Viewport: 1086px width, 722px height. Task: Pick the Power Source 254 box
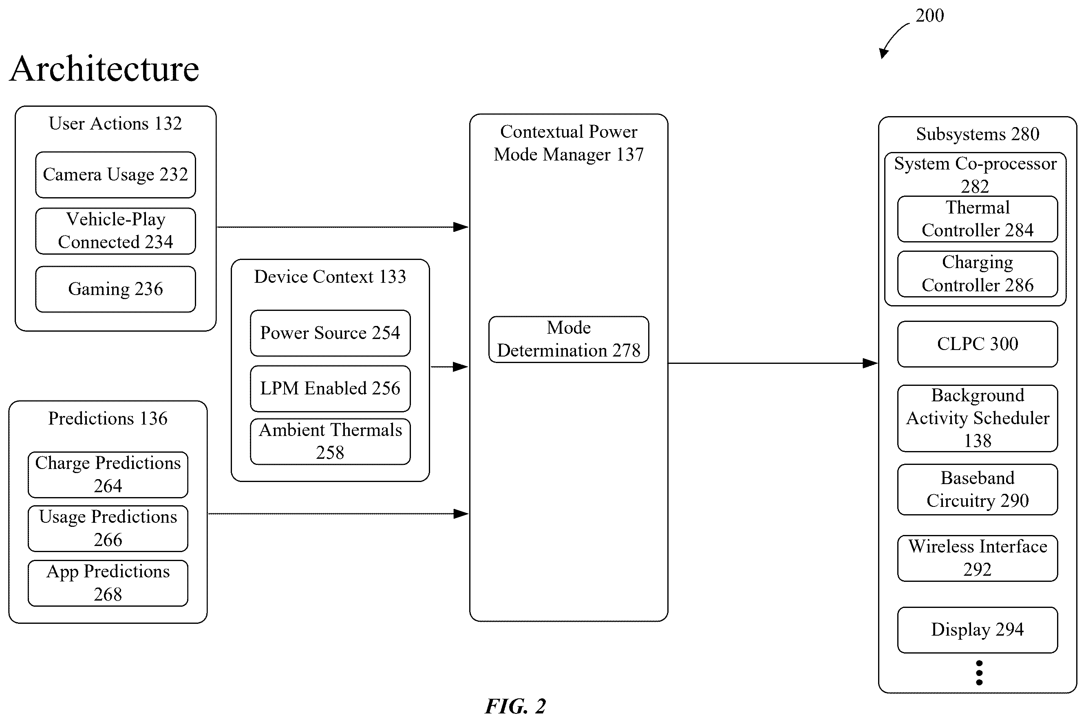click(x=330, y=333)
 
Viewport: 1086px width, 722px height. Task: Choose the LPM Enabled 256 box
click(x=330, y=389)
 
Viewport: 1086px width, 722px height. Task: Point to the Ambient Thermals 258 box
click(x=330, y=442)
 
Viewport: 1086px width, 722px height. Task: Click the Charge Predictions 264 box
click(x=108, y=475)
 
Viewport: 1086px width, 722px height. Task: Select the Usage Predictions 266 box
click(x=108, y=528)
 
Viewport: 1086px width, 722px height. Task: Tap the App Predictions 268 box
click(x=108, y=583)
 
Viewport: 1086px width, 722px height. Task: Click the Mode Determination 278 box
click(x=569, y=339)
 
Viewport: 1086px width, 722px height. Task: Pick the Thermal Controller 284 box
click(x=977, y=219)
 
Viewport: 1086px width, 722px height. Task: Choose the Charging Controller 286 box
click(x=977, y=274)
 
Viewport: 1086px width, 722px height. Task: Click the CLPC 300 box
click(x=977, y=344)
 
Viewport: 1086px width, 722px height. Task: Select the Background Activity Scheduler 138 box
click(x=977, y=418)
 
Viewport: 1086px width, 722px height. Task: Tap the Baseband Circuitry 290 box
click(x=977, y=489)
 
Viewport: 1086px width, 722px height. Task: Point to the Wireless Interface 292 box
click(x=977, y=558)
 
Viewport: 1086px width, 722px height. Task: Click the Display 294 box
click(x=977, y=630)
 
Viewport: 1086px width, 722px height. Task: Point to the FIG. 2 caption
click(x=516, y=706)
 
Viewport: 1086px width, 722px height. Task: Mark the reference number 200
click(x=929, y=15)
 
